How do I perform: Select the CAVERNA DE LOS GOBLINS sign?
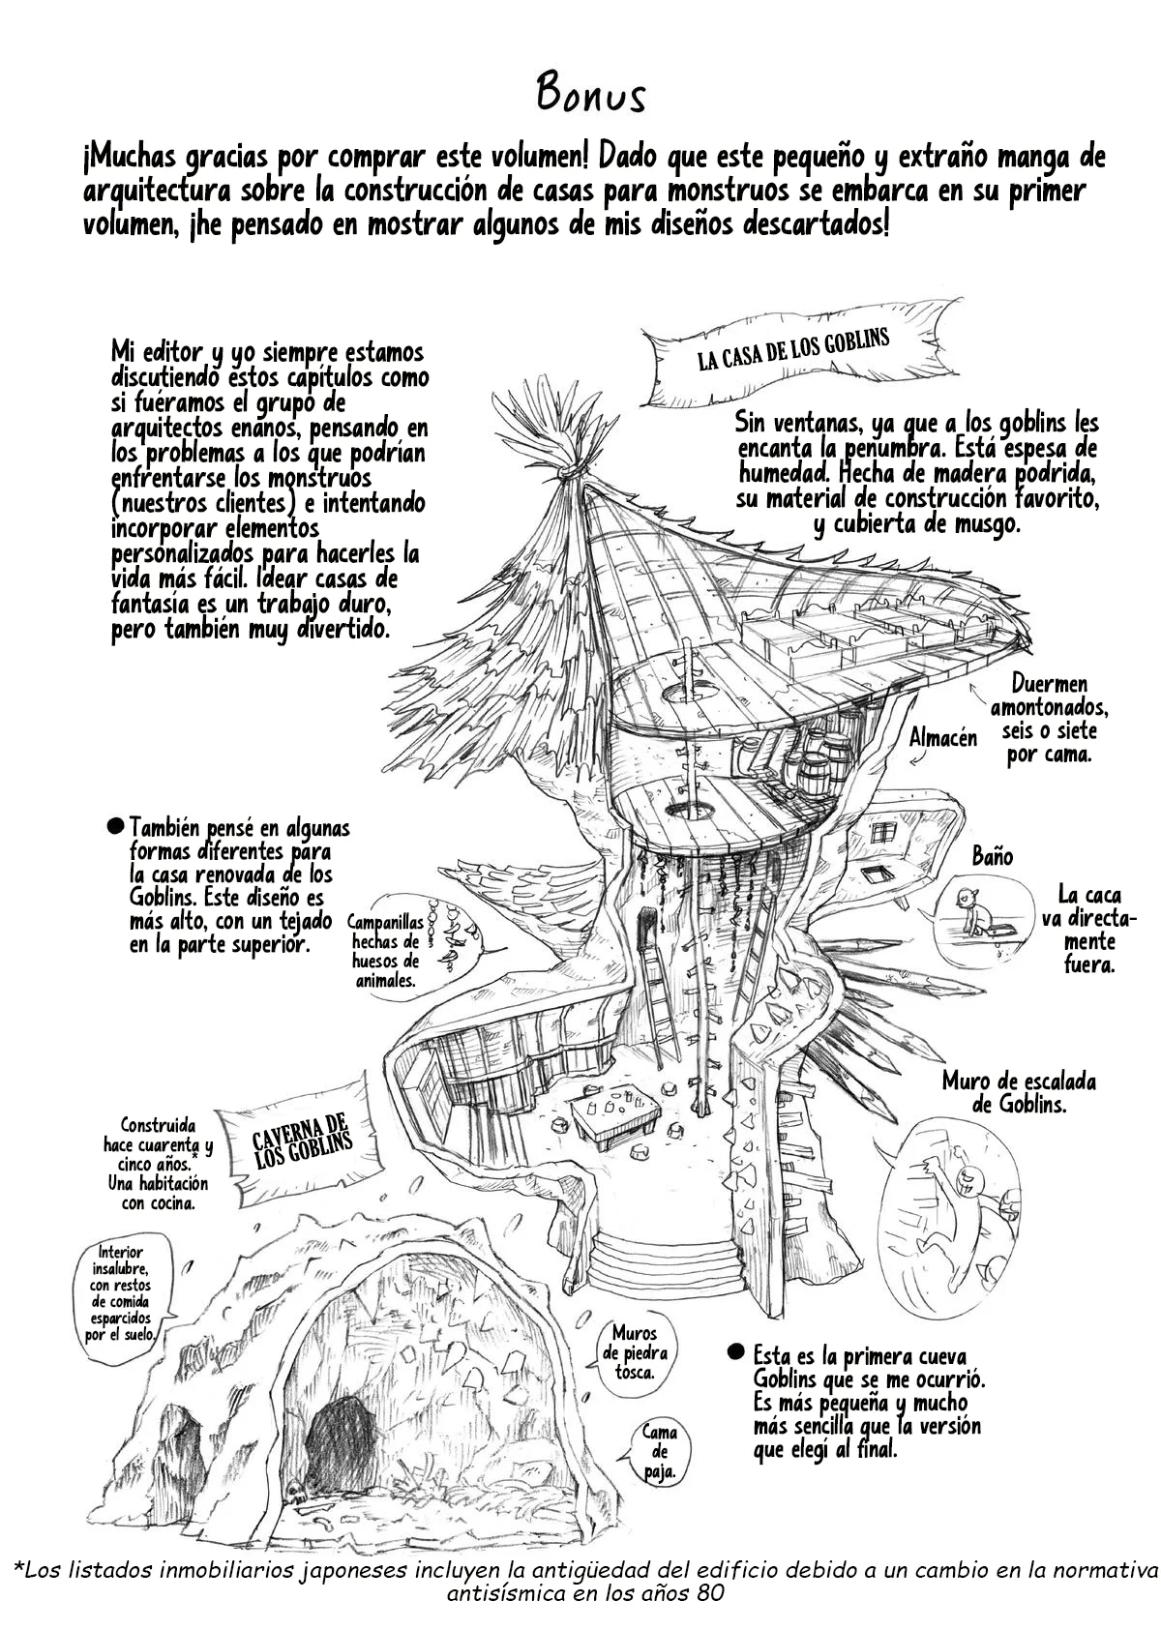(301, 1143)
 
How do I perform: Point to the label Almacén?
(943, 738)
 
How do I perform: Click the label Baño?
(992, 856)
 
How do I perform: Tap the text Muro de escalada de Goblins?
(1019, 1092)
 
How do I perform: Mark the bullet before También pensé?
(115, 827)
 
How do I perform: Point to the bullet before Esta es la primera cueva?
(736, 1352)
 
